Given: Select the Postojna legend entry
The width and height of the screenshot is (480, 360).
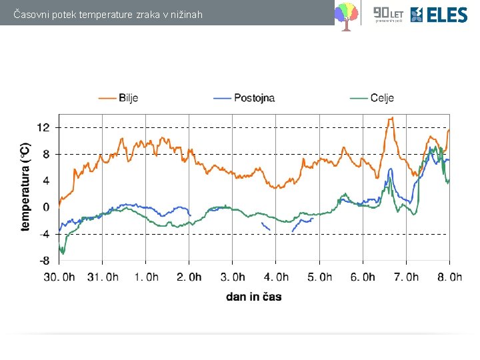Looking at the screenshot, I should point(243,98).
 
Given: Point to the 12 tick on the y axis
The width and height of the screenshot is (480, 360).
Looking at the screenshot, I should point(43,127).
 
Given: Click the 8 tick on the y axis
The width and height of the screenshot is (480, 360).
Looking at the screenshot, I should point(45,154).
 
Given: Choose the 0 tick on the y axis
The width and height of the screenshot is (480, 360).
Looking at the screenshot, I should point(45,207).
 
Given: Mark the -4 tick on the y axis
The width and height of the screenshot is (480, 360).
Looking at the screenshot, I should point(43,234).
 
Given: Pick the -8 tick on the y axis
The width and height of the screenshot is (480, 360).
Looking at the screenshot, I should point(43,261).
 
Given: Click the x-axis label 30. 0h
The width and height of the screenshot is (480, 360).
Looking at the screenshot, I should point(59,277).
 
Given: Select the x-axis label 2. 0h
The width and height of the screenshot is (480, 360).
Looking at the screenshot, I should point(189,277).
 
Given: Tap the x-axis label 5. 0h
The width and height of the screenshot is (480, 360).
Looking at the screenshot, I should point(319,277).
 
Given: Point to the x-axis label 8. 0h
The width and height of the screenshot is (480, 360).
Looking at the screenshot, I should point(449,277).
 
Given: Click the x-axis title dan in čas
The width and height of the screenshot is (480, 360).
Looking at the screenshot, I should point(254,297).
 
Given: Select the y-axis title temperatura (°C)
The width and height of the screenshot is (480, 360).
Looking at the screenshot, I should point(25,187).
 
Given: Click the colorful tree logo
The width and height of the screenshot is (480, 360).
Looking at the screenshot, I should point(345,15).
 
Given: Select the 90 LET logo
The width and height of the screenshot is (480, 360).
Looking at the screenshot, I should point(387,13).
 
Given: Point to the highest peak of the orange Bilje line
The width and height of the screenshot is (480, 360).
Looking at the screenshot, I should point(391,118).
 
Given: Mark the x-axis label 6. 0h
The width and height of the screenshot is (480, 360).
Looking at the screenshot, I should point(363,277).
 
